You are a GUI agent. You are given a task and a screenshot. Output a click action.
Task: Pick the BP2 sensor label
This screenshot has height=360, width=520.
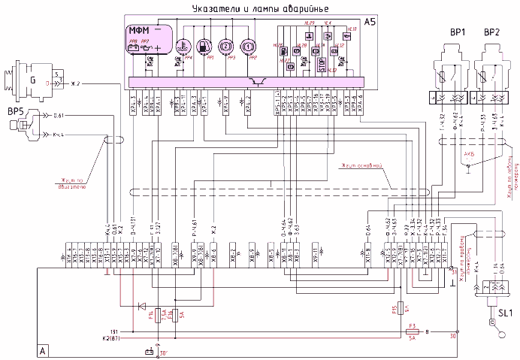tap(491, 33)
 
